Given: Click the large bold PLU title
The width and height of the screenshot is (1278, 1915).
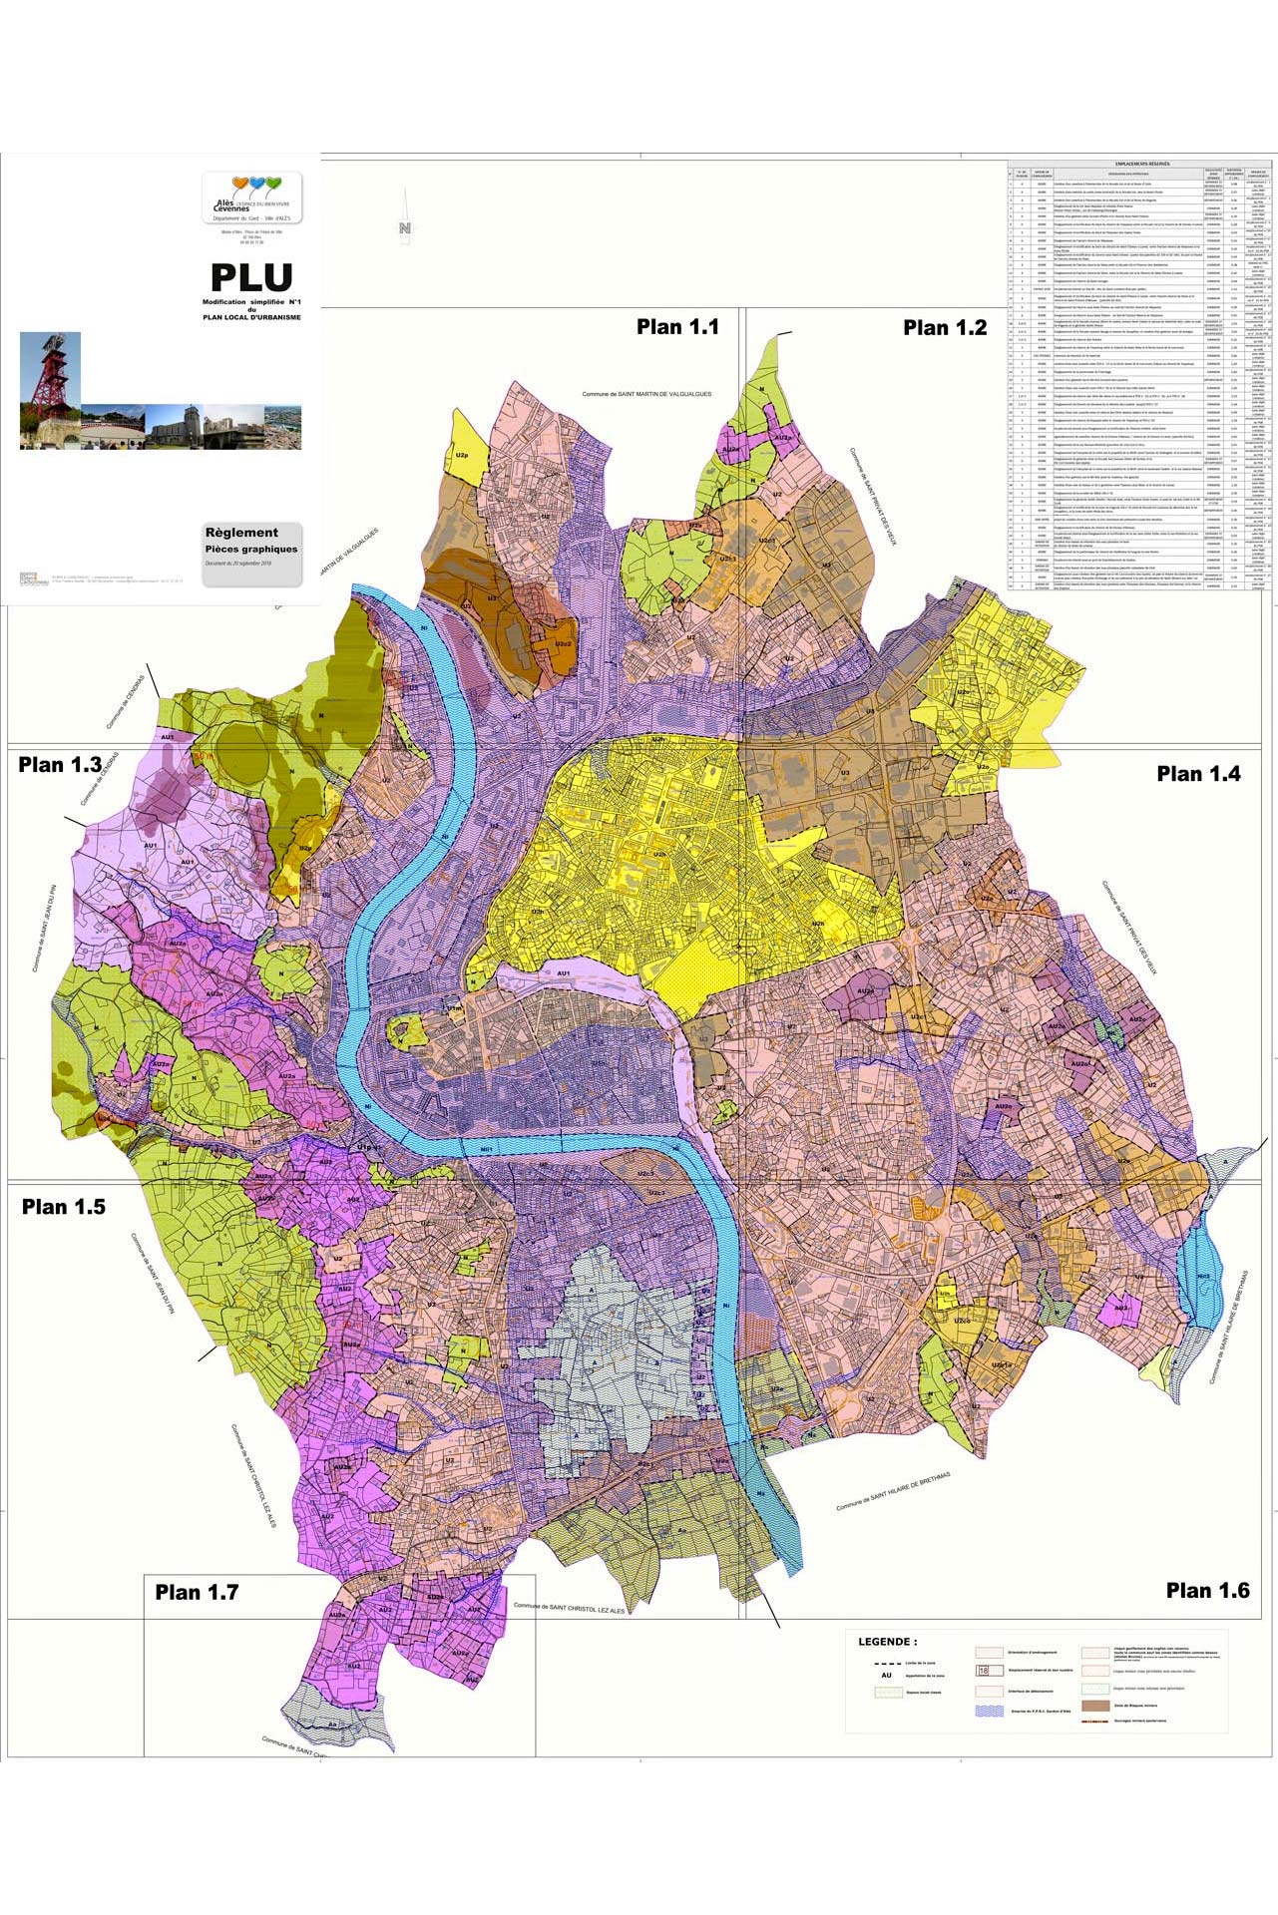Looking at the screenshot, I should point(251,278).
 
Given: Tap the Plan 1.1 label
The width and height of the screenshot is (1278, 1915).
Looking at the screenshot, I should point(677,327).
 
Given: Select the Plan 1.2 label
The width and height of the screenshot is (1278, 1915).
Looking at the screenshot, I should point(945,327).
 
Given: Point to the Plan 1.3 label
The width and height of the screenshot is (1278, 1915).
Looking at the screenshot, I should point(60,765).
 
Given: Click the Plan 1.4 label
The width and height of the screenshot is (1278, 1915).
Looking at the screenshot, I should point(1198,774).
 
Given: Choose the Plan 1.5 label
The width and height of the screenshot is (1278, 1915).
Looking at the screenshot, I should point(64,1207).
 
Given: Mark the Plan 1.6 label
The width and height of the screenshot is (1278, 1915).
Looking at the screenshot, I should point(1207,1591).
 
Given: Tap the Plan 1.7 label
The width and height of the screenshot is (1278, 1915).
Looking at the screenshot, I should point(197,1593).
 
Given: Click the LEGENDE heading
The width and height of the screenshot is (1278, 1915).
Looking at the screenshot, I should point(887,1642).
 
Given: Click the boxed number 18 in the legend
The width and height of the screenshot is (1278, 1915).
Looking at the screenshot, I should point(985,1671).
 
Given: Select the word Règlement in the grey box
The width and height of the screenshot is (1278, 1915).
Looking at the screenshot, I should point(241,533).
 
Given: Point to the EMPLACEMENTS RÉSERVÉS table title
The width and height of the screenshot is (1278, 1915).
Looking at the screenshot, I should point(1141,164).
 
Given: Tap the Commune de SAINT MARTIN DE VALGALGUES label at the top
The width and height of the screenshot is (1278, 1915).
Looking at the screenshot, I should point(646,395).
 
